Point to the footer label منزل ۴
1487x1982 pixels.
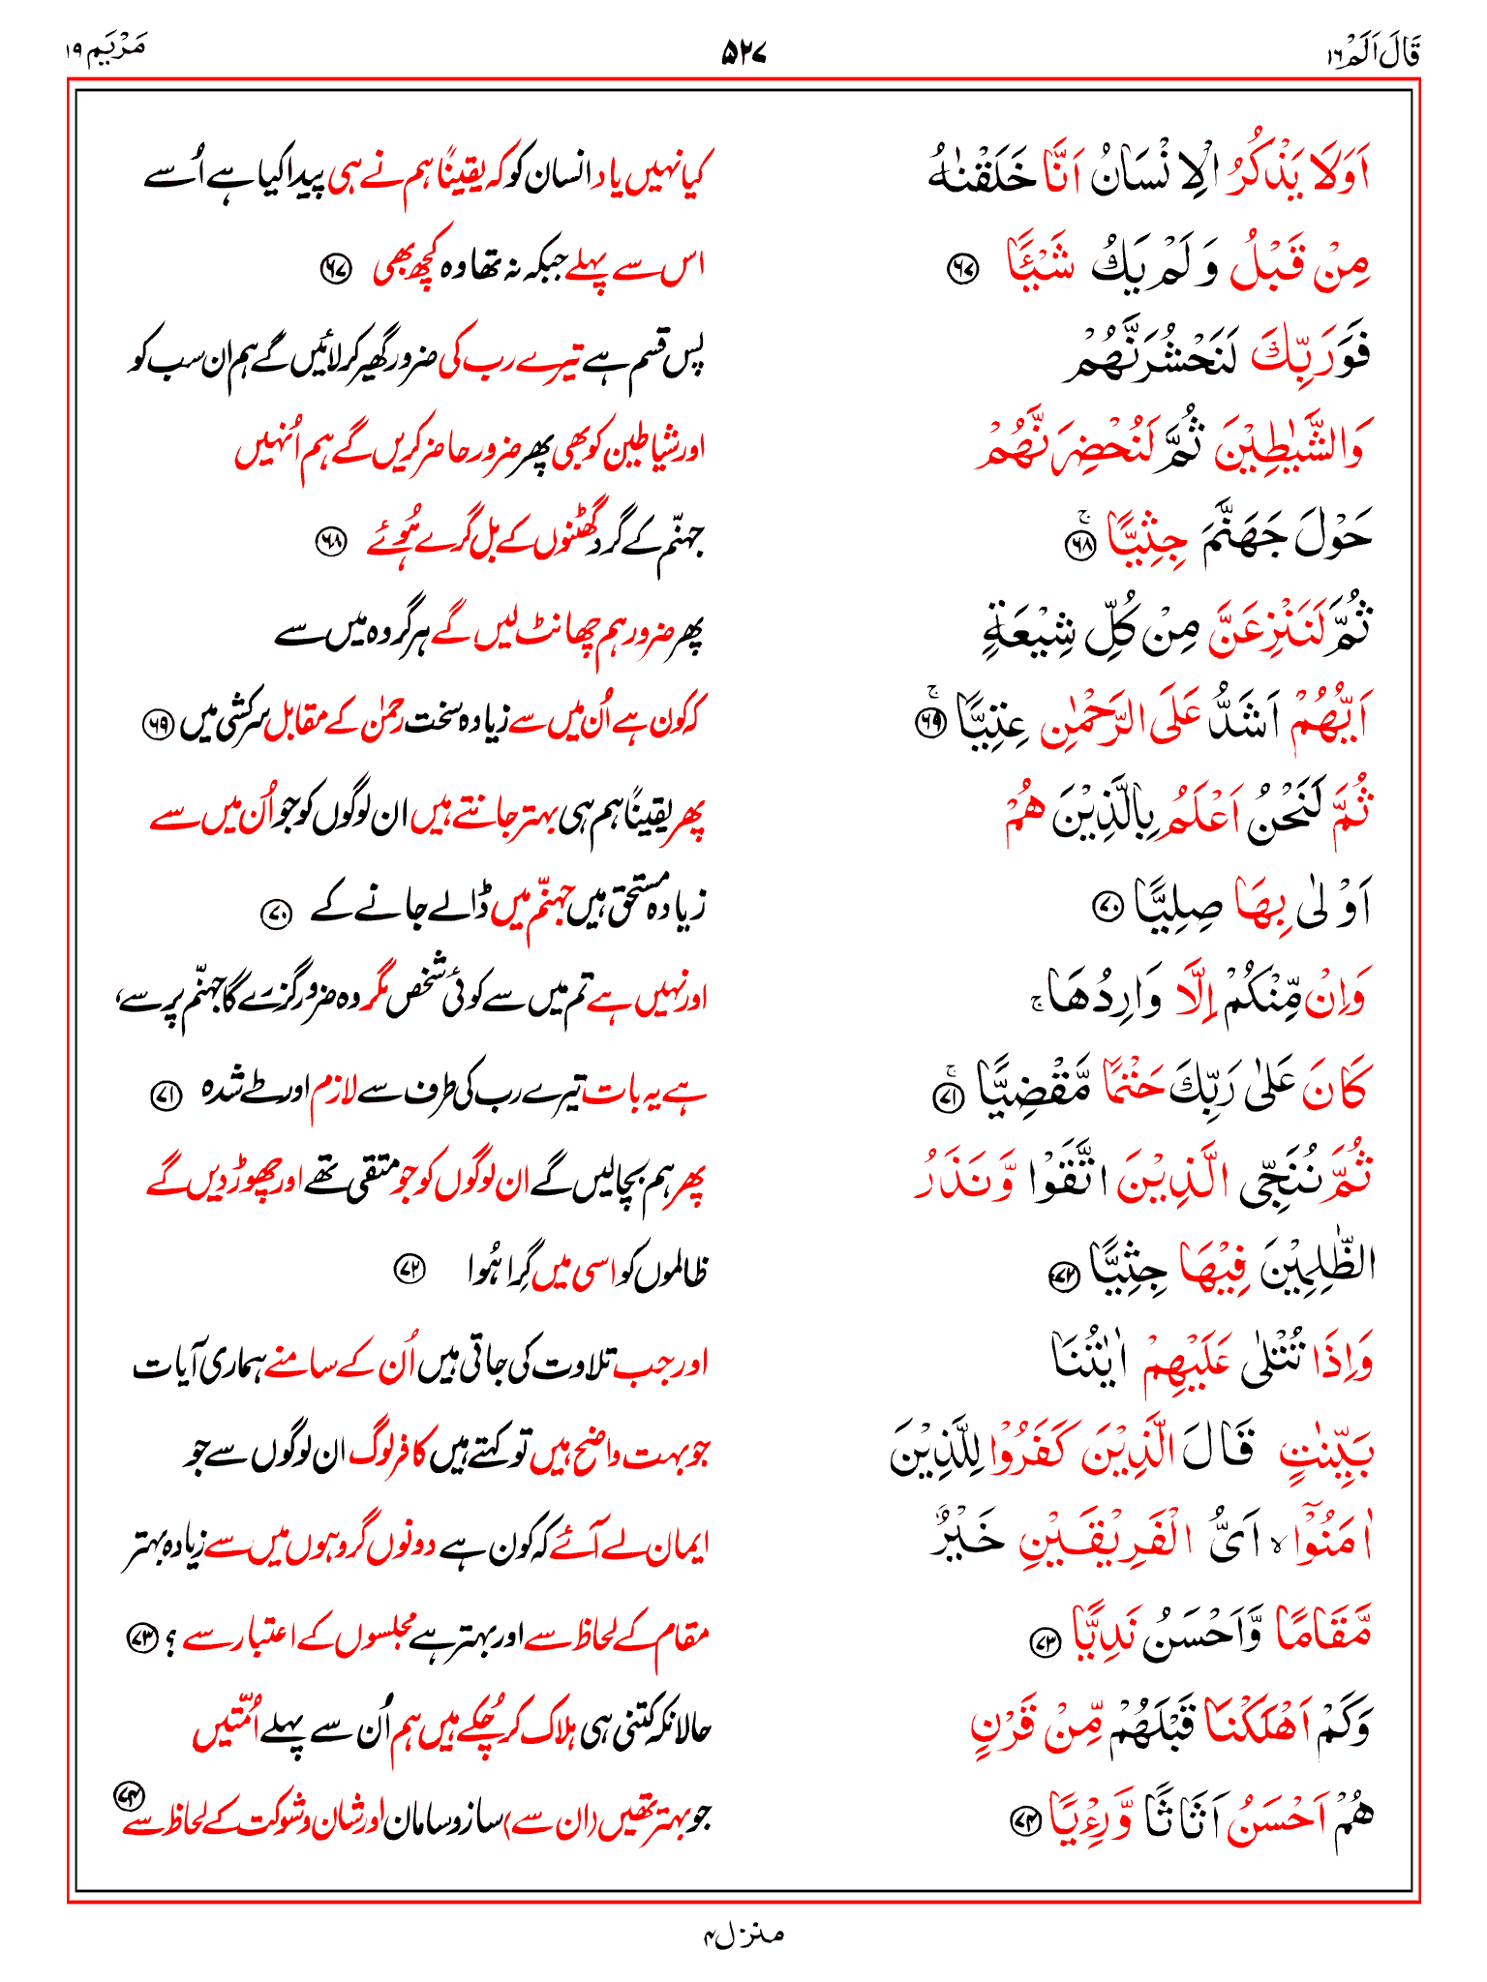pos(743,1934)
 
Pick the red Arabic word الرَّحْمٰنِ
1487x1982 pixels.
pos(1094,721)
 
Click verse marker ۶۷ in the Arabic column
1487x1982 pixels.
pos(962,269)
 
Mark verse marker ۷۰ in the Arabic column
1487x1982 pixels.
pos(1106,907)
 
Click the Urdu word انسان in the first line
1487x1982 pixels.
pos(561,178)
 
